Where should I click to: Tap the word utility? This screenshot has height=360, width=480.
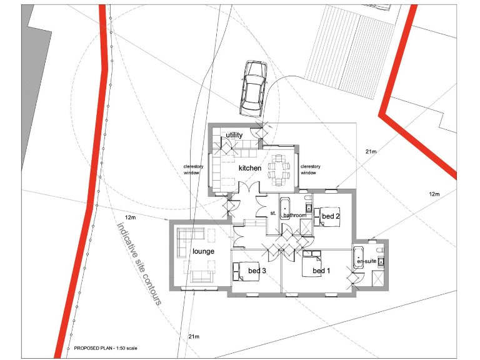[234, 135]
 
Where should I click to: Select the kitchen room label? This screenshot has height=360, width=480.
[249, 168]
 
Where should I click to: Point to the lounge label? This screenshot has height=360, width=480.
[203, 251]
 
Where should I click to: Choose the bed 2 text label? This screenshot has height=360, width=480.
[331, 216]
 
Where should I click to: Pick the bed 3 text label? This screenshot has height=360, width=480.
[257, 271]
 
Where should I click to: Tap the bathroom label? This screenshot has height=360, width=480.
[294, 216]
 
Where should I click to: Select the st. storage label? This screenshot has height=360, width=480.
[273, 213]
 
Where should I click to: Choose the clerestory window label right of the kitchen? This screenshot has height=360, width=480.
[311, 169]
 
